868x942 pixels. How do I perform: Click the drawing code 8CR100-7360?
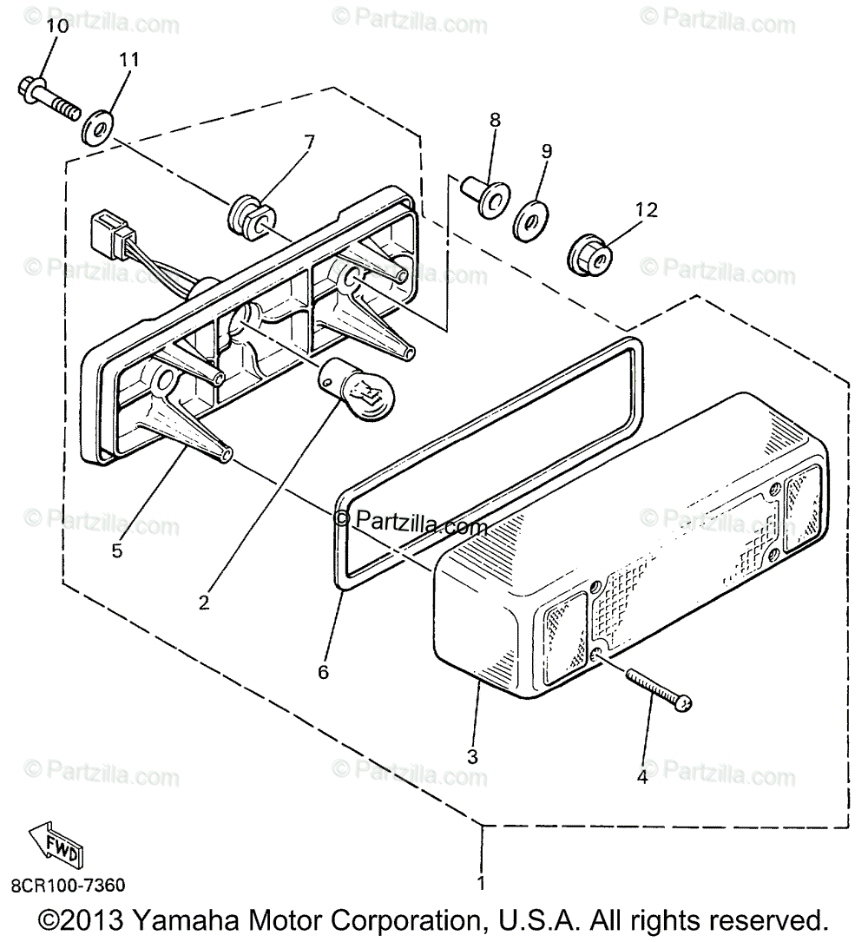pos(68,886)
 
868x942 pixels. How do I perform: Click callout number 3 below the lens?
pos(472,755)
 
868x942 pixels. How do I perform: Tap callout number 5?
pos(116,550)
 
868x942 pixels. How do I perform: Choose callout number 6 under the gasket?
pos(323,671)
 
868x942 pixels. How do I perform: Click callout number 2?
pos(203,602)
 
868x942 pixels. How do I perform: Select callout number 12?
pos(646,209)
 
